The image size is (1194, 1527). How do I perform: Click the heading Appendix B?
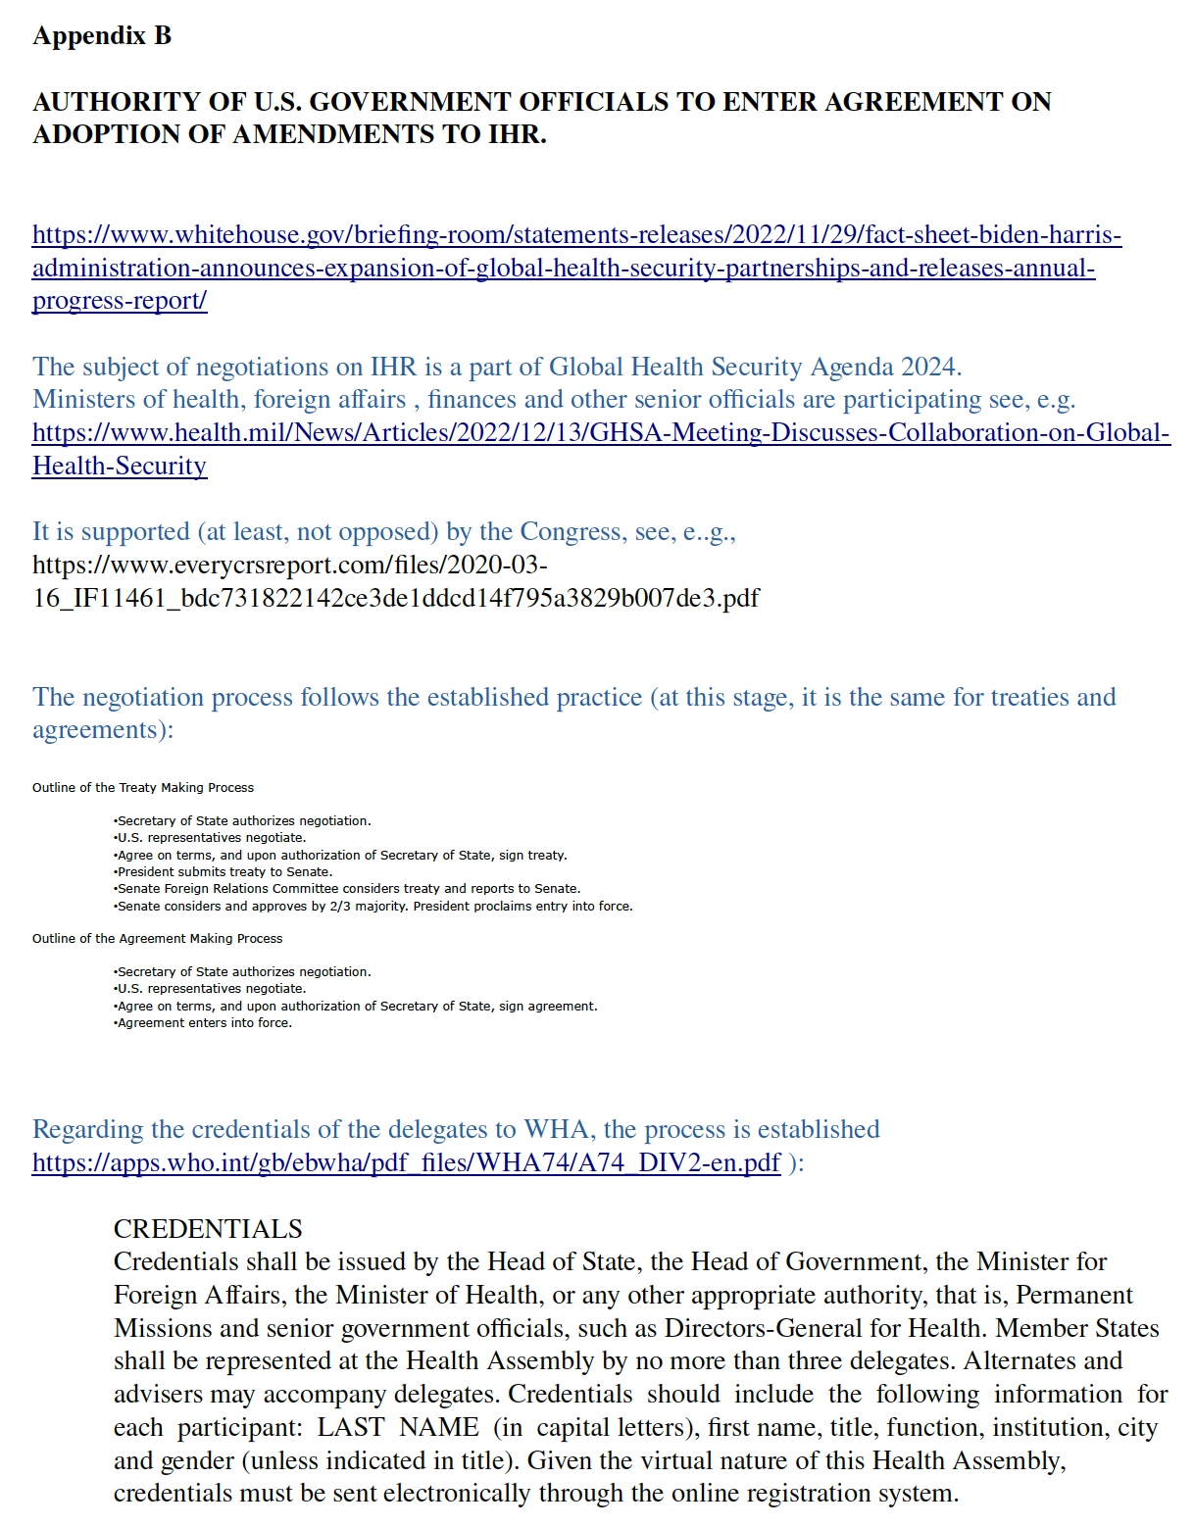102,36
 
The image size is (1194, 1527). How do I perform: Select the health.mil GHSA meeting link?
601,433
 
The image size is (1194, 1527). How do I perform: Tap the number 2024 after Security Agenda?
927,368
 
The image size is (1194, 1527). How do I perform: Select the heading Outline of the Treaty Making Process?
143,788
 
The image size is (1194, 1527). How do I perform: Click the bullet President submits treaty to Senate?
224,872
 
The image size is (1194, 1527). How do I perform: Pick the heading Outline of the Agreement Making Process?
158,939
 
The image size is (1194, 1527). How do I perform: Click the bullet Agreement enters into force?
204,1023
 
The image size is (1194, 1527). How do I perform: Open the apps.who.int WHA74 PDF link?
406,1163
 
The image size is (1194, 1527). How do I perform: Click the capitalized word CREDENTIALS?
208,1230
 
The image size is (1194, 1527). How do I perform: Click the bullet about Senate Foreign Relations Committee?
348,889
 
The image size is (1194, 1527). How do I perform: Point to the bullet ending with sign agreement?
356,1007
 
